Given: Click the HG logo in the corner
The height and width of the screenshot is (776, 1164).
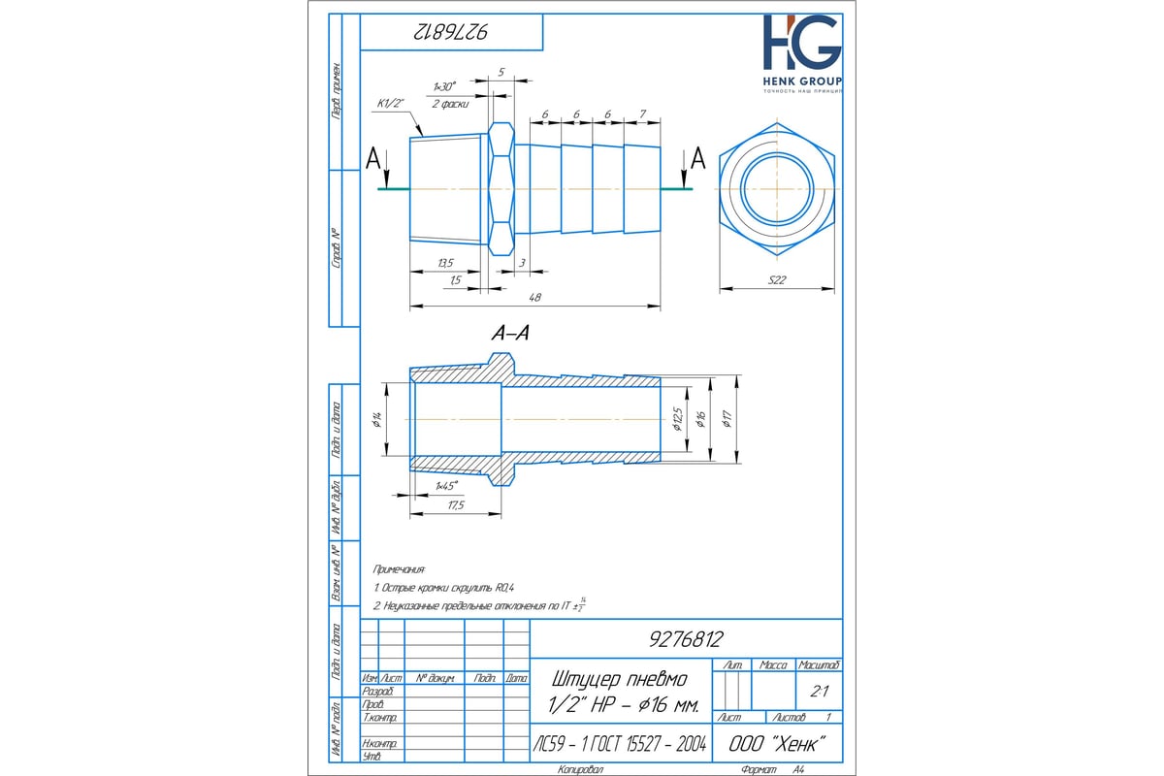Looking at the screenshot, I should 801,44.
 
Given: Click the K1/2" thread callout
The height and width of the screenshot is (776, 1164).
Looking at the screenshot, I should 392,102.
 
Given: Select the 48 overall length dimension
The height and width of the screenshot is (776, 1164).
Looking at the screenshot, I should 533,298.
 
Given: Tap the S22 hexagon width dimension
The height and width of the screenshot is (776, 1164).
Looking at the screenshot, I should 776,280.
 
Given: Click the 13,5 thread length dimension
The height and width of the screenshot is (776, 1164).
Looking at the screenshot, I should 445,262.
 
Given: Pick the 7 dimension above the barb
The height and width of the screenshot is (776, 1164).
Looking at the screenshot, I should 643,113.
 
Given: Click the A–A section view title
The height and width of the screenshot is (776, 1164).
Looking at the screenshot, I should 510,333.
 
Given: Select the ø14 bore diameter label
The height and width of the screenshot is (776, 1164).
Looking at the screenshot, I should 375,419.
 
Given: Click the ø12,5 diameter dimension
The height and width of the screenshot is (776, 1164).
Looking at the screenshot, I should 677,418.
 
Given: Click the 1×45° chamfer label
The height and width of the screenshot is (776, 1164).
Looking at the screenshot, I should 445,485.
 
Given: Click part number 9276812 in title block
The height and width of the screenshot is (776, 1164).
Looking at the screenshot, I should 685,639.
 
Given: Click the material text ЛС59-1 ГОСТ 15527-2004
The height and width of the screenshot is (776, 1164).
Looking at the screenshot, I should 621,746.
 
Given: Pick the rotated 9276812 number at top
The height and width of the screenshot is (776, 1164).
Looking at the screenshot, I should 450,34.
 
